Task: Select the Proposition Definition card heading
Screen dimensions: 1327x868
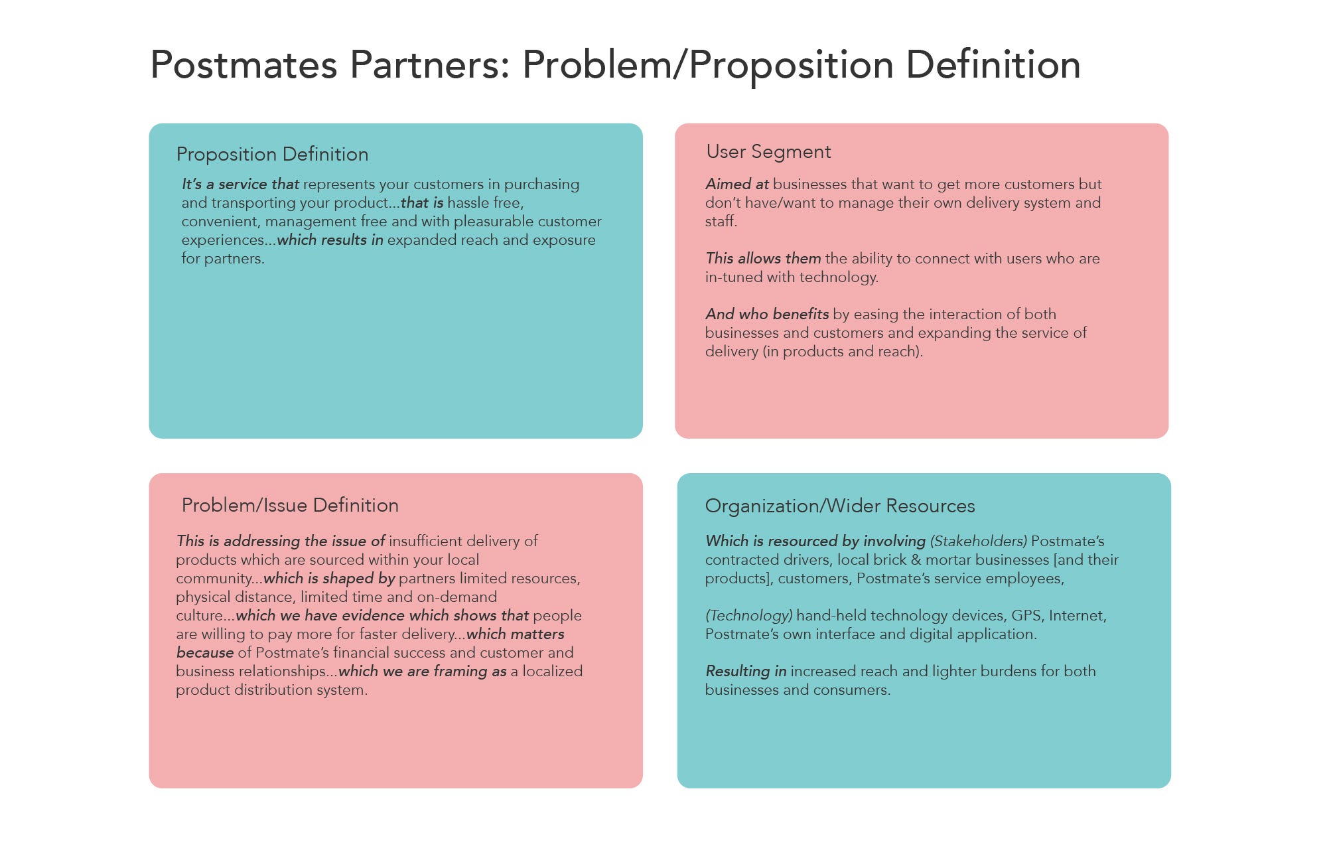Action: [x=272, y=154]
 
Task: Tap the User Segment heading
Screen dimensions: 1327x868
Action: [x=768, y=152]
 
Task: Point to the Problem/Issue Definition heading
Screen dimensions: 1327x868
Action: [x=290, y=505]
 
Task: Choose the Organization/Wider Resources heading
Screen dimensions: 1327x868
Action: [x=840, y=506]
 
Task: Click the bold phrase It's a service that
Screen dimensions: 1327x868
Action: [x=240, y=184]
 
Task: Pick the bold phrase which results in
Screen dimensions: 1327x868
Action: [x=330, y=240]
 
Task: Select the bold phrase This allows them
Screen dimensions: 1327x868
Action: [x=763, y=258]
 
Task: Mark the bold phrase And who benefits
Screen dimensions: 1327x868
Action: [x=767, y=314]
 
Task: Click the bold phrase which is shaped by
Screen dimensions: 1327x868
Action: [x=329, y=578]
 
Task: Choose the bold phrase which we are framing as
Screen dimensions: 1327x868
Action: [x=422, y=671]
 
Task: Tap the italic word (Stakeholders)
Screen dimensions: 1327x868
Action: [x=978, y=541]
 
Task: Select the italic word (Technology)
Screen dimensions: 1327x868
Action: [x=748, y=615]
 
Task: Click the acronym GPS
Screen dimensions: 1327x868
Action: [x=1026, y=615]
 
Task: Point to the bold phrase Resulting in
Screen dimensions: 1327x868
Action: [x=746, y=671]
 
